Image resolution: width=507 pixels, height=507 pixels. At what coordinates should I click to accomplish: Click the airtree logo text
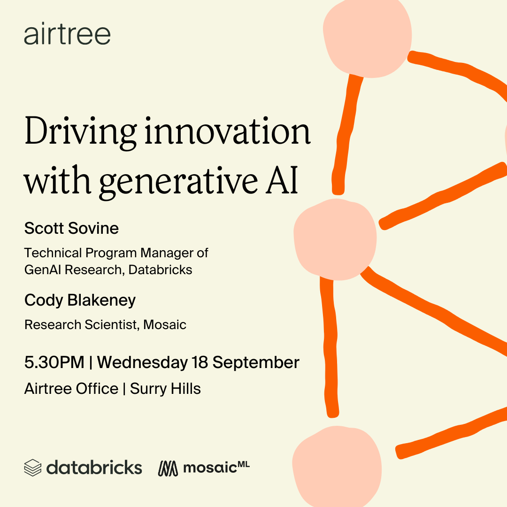pyautogui.click(x=67, y=34)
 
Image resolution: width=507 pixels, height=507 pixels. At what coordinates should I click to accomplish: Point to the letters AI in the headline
pyautogui.click(x=282, y=179)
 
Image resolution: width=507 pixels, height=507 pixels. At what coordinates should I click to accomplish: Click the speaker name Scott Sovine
pyautogui.click(x=71, y=228)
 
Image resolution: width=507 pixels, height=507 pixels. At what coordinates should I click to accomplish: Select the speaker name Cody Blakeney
pyautogui.click(x=80, y=300)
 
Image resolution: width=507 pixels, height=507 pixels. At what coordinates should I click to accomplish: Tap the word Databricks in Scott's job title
pyautogui.click(x=161, y=269)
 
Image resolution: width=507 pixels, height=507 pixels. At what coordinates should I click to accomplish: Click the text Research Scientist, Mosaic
pyautogui.click(x=106, y=325)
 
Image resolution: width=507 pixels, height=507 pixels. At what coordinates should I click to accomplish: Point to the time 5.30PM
pyautogui.click(x=54, y=362)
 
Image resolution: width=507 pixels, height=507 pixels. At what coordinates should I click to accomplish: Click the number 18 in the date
pyautogui.click(x=200, y=362)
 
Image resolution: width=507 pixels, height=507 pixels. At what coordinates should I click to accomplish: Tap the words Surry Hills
pyautogui.click(x=165, y=389)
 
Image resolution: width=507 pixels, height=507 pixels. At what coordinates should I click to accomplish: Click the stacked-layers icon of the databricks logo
pyautogui.click(x=33, y=468)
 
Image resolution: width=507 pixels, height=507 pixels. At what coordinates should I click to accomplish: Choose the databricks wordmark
pyautogui.click(x=94, y=467)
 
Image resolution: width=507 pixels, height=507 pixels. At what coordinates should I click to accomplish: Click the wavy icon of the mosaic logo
pyautogui.click(x=168, y=468)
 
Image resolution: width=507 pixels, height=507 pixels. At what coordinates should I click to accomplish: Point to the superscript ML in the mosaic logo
pyautogui.click(x=244, y=465)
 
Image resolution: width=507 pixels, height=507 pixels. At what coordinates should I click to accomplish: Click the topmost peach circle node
pyautogui.click(x=367, y=36)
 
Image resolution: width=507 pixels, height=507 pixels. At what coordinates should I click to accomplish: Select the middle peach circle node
pyautogui.click(x=335, y=239)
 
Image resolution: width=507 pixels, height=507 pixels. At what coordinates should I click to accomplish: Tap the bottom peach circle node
pyautogui.click(x=337, y=467)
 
